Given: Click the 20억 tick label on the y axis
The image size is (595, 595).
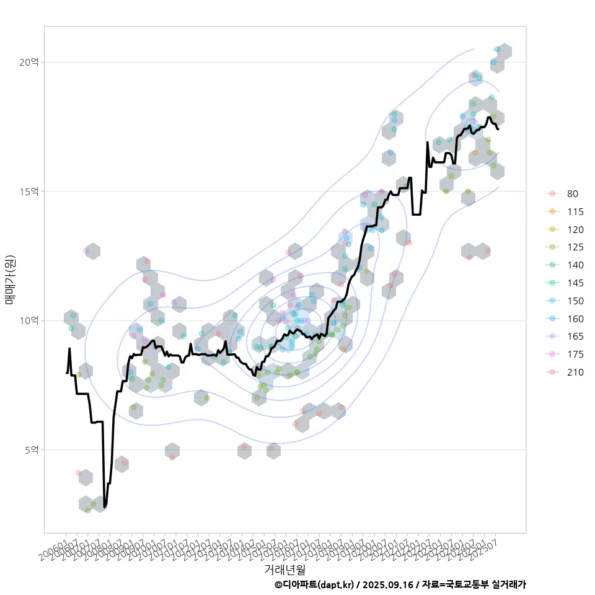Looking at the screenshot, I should click(x=29, y=62).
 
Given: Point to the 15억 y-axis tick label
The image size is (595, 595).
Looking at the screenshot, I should click(x=29, y=191).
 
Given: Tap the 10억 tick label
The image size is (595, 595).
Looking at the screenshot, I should click(x=29, y=320).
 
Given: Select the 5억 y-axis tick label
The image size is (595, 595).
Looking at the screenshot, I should click(x=31, y=449).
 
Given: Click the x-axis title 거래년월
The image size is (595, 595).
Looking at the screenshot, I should click(x=284, y=569).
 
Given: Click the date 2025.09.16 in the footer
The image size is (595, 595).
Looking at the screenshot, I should click(x=387, y=584).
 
